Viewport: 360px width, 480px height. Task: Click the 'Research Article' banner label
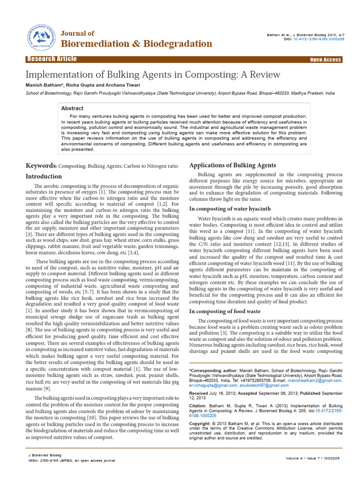pyautogui.click(x=52, y=59)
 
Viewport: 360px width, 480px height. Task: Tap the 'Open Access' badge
pyautogui.click(x=325, y=60)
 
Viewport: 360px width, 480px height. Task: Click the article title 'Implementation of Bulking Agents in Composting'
pyautogui.click(x=152, y=75)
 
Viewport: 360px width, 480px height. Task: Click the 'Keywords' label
pyautogui.click(x=41, y=166)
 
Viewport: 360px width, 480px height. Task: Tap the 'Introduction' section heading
pyautogui.click(x=44, y=176)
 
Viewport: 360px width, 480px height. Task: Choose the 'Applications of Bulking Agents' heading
pyautogui.click(x=232, y=165)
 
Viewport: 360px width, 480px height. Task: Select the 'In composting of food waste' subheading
pyautogui.click(x=225, y=311)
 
